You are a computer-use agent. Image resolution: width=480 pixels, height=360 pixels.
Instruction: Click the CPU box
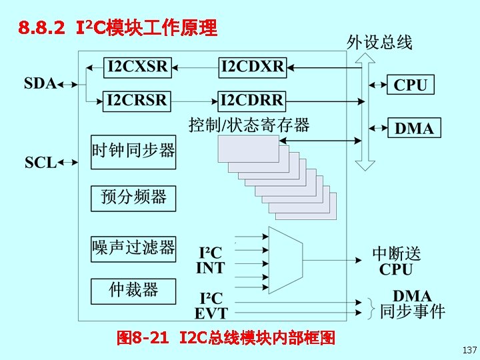coord(411,85)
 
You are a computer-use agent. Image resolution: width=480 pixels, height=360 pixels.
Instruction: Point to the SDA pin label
coord(40,84)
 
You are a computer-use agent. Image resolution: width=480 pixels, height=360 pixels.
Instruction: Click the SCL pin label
coord(40,162)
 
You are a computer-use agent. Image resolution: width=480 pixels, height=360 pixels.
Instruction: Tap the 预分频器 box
coord(133,197)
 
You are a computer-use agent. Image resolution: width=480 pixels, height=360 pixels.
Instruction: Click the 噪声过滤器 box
coord(133,248)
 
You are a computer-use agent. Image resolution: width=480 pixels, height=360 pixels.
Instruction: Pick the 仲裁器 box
coord(133,289)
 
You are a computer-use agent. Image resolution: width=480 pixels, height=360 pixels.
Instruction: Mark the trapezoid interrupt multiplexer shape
coord(286,260)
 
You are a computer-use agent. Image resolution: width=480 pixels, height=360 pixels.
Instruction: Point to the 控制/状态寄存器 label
coord(249,125)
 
